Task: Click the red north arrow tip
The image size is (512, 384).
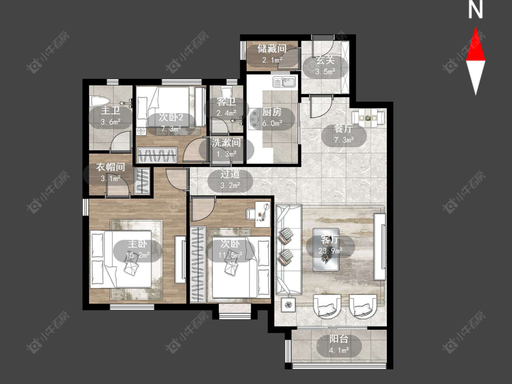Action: coord(476,27)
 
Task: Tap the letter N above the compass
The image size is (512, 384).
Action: coord(476,10)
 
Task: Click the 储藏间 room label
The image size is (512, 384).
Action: coord(272,49)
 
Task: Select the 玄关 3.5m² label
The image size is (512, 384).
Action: coord(325,66)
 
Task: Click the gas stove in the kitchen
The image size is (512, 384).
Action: coord(253,119)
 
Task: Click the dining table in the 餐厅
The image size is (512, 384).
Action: coord(368,117)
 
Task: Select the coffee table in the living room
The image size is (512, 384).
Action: coord(325,250)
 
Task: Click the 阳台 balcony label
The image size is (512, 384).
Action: coord(339,339)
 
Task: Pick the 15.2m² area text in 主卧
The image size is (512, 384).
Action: coord(137,255)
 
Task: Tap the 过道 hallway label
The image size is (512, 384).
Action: coord(230,174)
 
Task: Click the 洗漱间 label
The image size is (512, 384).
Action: coord(226,142)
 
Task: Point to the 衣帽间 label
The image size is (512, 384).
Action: coord(111,167)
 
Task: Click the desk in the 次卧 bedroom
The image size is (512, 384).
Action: coord(263,213)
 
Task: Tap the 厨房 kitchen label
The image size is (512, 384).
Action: coord(272,112)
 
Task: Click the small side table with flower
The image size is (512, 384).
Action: coord(288,305)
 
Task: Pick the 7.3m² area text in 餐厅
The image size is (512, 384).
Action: coord(344,140)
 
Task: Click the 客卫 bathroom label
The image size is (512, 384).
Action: coord(226,102)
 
